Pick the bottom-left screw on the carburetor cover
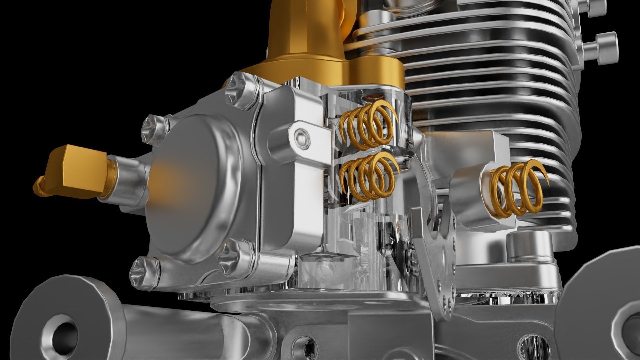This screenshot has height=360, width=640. click(x=143, y=272)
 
